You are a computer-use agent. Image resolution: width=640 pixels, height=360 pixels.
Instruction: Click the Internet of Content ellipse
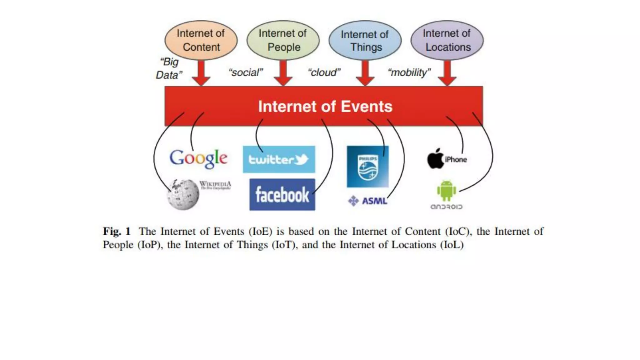[201, 40]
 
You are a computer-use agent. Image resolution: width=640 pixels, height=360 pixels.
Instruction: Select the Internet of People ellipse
[283, 40]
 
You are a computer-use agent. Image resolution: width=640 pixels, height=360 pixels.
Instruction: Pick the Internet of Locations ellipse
[447, 40]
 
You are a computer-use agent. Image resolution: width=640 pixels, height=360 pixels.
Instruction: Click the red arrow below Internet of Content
[201, 73]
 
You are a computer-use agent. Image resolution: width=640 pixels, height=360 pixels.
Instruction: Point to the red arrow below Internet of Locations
[447, 73]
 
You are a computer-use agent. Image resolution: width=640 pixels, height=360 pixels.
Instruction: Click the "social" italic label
[246, 72]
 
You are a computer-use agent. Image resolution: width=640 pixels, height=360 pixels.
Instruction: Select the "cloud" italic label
[324, 72]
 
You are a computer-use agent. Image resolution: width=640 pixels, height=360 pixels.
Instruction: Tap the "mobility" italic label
[409, 72]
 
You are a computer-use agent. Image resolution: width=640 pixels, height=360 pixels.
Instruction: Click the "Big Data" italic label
[169, 68]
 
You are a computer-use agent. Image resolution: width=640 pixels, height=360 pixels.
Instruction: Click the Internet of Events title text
[325, 107]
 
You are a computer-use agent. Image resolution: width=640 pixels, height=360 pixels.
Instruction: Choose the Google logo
[198, 158]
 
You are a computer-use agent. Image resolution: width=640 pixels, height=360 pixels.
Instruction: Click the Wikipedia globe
[183, 194]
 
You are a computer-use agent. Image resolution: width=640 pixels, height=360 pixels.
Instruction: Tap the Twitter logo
[279, 159]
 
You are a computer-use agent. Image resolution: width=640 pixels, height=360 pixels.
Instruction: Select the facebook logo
[282, 195]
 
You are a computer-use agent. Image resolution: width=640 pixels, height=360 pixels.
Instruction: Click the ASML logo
[368, 201]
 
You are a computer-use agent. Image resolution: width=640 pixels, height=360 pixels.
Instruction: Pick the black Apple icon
[435, 158]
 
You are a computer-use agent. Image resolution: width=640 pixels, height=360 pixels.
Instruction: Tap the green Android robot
[446, 191]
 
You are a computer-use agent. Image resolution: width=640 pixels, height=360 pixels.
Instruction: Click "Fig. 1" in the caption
[117, 232]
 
